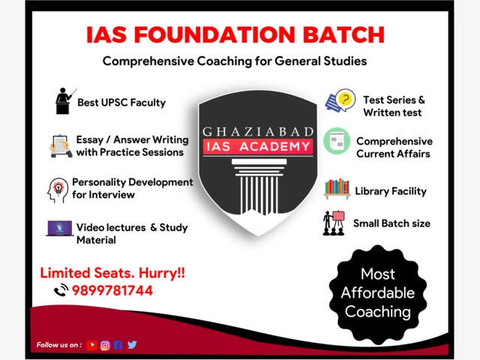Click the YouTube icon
pyautogui.click(x=91, y=345)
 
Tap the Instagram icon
pyautogui.click(x=105, y=345)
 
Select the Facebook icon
pyautogui.click(x=118, y=345)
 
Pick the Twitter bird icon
pyautogui.click(x=132, y=345)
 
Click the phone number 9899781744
pyautogui.click(x=112, y=290)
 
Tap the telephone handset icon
pyautogui.click(x=61, y=290)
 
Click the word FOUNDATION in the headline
pyautogui.click(x=214, y=34)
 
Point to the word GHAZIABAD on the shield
pyautogui.click(x=258, y=132)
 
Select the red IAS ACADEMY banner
pyautogui.click(x=258, y=146)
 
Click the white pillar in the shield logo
pyautogui.click(x=259, y=186)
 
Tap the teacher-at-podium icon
pyautogui.click(x=65, y=101)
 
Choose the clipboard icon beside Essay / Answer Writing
pyautogui.click(x=61, y=146)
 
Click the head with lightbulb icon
pyautogui.click(x=58, y=190)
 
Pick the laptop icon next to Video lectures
pyautogui.click(x=60, y=228)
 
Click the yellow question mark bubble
pyautogui.click(x=346, y=100)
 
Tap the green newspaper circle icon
pyautogui.click(x=337, y=141)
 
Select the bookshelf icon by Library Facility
pyautogui.click(x=337, y=189)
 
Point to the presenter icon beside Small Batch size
pyautogui.click(x=334, y=223)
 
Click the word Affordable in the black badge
pyautogui.click(x=378, y=292)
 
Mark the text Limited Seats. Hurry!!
pyautogui.click(x=112, y=273)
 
